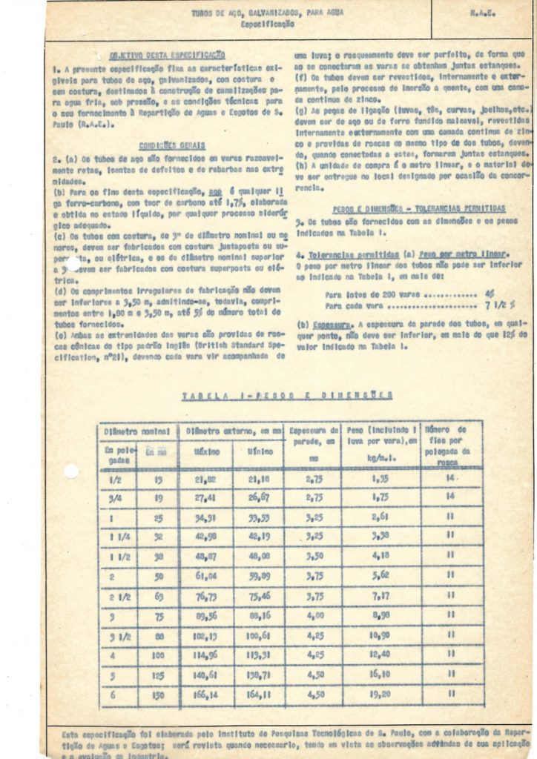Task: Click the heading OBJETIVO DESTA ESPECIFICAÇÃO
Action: pyautogui.click(x=167, y=55)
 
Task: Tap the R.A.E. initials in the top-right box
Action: pyautogui.click(x=482, y=14)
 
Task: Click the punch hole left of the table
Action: pyautogui.click(x=71, y=471)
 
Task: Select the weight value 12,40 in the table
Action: pyautogui.click(x=380, y=654)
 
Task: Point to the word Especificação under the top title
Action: pyautogui.click(x=267, y=24)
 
